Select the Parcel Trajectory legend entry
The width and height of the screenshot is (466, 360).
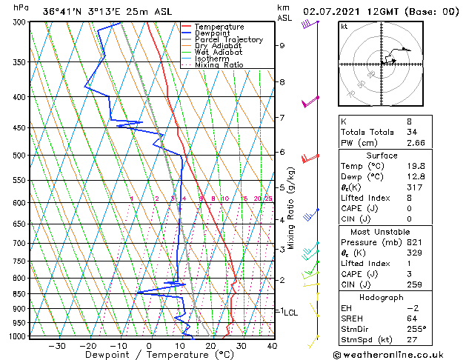[228, 40]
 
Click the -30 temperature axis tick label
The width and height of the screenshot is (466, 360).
[57, 346]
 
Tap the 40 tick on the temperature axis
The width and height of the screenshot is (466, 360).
[272, 346]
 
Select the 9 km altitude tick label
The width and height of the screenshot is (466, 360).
[282, 46]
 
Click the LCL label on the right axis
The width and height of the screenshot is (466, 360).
[290, 313]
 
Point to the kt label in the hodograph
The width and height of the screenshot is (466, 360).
[344, 27]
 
